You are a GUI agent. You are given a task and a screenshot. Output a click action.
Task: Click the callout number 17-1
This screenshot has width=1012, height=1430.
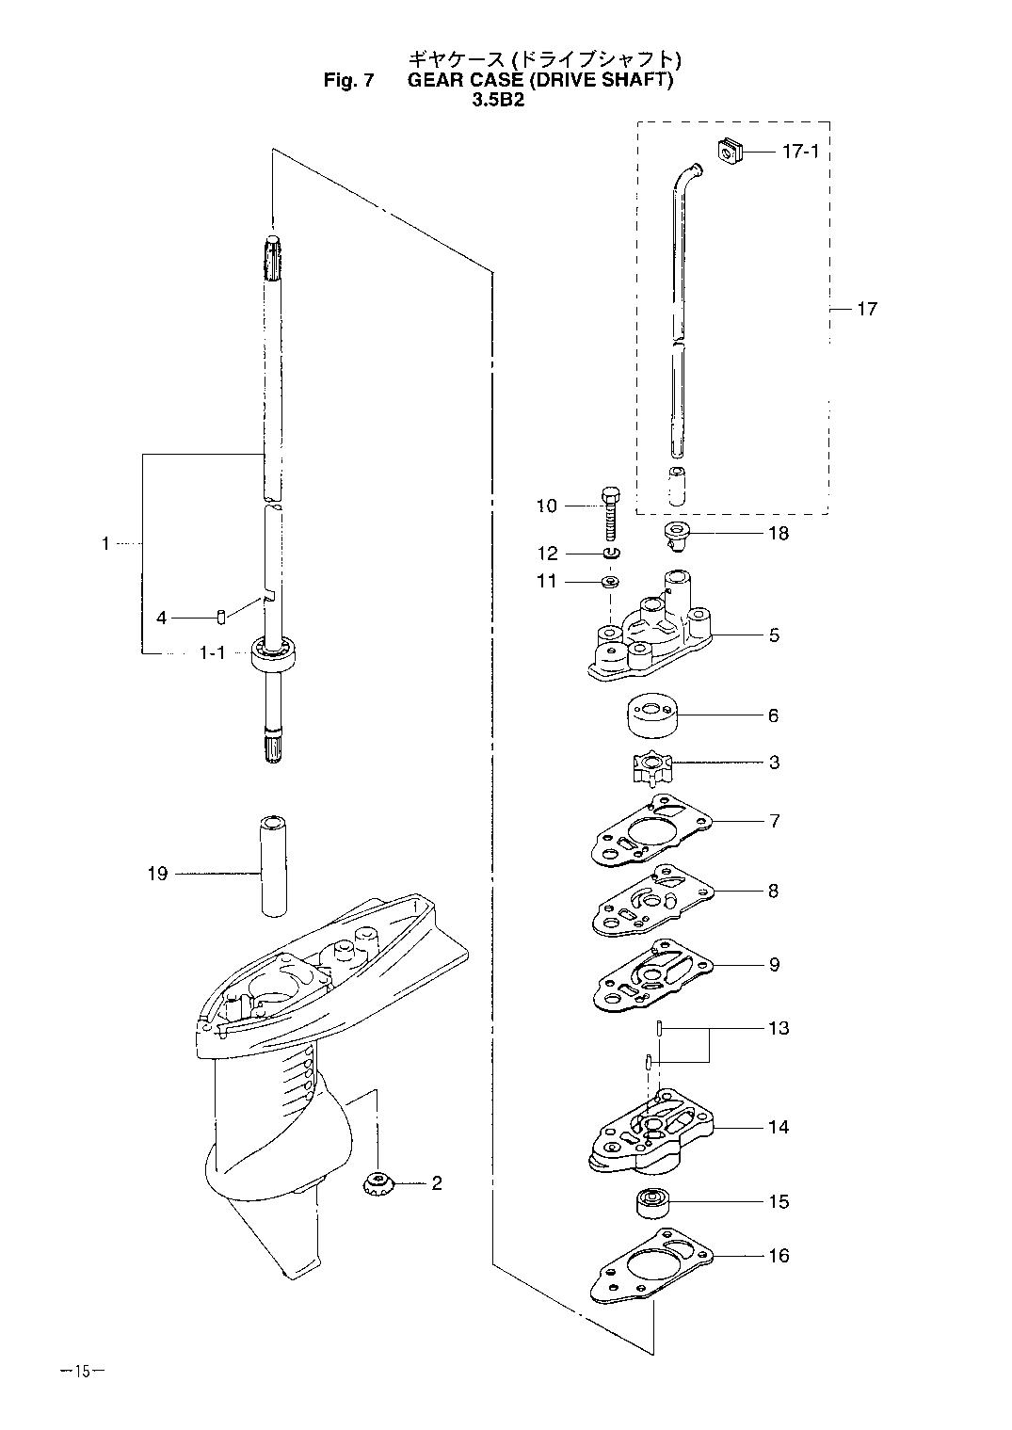800,152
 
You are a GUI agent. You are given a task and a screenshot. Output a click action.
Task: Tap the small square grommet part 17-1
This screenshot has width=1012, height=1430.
730,152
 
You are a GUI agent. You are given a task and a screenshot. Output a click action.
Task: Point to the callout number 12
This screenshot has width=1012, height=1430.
548,553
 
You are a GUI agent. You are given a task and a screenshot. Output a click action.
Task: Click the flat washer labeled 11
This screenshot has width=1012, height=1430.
611,582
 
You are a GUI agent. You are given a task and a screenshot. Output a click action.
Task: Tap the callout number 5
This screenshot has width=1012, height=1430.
774,635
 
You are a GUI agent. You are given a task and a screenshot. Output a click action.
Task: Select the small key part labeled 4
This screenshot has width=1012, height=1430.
221,618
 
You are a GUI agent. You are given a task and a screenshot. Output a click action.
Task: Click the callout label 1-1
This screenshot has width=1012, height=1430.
213,652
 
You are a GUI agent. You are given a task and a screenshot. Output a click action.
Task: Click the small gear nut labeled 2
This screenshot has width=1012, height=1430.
377,1184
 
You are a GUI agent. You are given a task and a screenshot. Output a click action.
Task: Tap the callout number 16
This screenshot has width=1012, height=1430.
779,1256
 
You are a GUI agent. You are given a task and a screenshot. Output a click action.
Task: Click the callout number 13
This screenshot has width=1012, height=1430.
779,1028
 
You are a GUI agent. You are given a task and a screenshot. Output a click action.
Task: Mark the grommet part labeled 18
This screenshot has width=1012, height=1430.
678,534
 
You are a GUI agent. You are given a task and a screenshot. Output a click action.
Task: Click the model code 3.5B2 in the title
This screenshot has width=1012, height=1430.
498,100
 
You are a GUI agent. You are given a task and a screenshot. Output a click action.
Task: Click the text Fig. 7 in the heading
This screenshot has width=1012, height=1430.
348,81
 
